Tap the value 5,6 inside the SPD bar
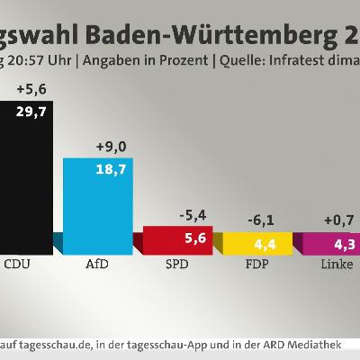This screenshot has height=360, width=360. point(184,238)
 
